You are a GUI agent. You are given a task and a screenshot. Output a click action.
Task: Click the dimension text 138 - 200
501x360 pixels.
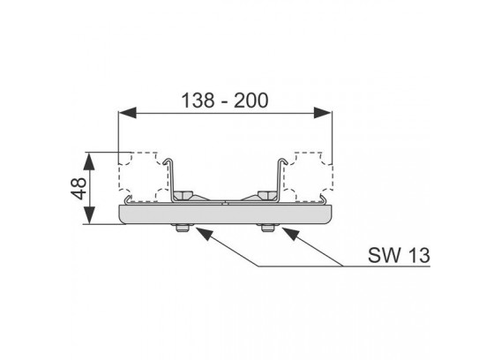pyautogui.click(x=225, y=101)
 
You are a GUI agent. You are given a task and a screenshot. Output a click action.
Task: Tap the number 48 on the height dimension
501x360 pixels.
pyautogui.click(x=79, y=188)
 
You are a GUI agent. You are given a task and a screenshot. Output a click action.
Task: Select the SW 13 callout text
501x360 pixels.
pyautogui.click(x=399, y=256)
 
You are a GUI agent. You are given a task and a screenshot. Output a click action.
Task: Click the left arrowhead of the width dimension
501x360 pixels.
pyautogui.click(x=127, y=113)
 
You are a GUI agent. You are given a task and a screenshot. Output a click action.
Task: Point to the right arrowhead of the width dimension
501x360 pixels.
pyautogui.click(x=323, y=113)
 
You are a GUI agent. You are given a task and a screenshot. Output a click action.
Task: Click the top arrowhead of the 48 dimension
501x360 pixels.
pyautogui.click(x=89, y=161)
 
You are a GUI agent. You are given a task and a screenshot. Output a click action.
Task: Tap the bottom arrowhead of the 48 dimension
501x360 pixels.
pyautogui.click(x=89, y=215)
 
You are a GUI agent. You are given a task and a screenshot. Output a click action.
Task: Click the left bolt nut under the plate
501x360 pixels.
pyautogui.click(x=181, y=228)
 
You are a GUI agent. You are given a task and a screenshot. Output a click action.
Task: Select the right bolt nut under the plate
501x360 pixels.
pyautogui.click(x=268, y=228)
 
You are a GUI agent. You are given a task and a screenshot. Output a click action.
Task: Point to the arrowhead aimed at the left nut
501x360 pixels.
pyautogui.click(x=204, y=234)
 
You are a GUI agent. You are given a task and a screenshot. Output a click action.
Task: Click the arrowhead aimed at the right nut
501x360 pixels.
pyautogui.click(x=290, y=234)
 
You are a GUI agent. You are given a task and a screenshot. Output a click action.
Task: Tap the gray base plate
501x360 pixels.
pyautogui.click(x=226, y=214)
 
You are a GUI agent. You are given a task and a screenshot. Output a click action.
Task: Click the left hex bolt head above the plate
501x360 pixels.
pyautogui.click(x=183, y=195)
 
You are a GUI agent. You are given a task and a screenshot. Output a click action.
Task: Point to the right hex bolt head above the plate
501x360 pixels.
pyautogui.click(x=268, y=195)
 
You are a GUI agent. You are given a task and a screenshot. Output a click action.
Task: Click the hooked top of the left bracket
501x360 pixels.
pyautogui.click(x=168, y=160)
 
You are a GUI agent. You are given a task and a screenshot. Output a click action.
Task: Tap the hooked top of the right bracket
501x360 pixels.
pyautogui.click(x=282, y=160)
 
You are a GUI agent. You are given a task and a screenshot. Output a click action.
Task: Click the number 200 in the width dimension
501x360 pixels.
pyautogui.click(x=251, y=101)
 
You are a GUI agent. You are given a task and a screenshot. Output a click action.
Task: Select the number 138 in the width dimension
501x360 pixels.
pyautogui.click(x=198, y=101)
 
